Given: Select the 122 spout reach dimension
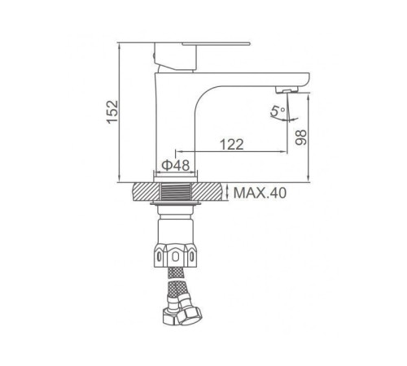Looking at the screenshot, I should (x=232, y=145).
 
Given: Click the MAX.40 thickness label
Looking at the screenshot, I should (x=260, y=194).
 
